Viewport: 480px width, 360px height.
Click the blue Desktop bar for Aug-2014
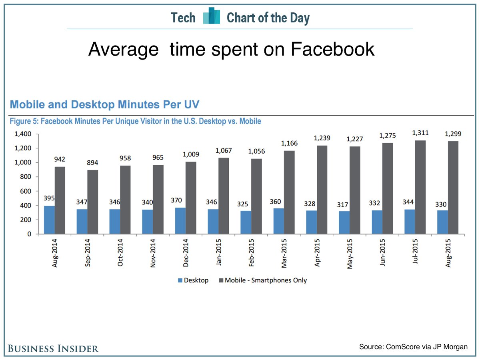coord(49,220)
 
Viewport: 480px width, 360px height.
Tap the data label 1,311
coord(420,133)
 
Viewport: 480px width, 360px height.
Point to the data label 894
coord(93,163)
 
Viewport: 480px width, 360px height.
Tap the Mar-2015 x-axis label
coord(284,253)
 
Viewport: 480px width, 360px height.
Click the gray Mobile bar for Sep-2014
coord(93,202)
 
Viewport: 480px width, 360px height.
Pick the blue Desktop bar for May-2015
coord(344,223)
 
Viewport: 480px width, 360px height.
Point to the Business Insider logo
coord(53,348)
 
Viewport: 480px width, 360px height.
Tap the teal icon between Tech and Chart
coord(212,16)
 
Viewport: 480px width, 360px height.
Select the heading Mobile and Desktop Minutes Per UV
coord(104,105)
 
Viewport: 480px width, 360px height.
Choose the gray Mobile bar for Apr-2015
coord(322,190)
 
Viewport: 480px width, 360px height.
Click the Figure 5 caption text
coord(135,121)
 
